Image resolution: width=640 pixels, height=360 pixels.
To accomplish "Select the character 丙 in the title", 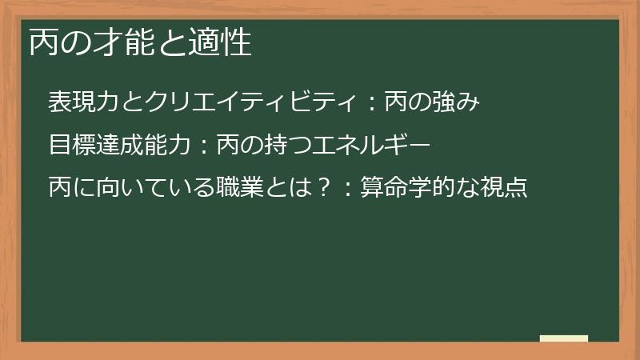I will click(x=43, y=42).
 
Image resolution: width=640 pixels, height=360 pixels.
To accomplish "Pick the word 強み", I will click(x=454, y=102).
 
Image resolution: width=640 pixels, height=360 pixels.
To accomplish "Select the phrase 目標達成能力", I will click(x=119, y=145).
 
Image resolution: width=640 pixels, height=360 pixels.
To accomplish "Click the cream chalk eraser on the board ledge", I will click(x=564, y=338).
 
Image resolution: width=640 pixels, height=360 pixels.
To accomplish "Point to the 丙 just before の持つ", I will click(x=230, y=145).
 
